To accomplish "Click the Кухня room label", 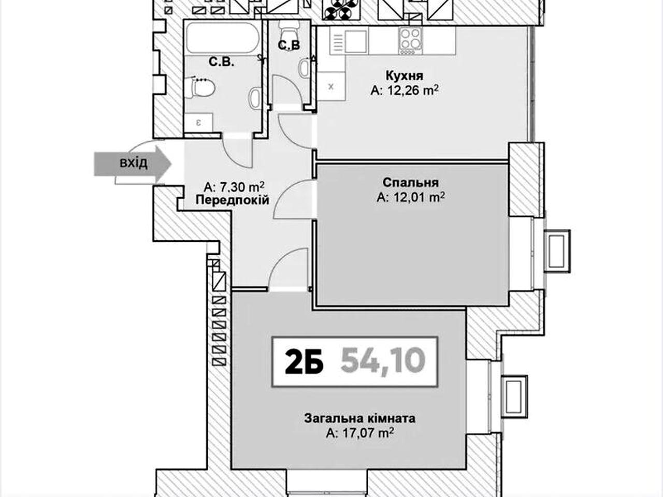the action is click(x=404, y=76).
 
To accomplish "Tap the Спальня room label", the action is click(x=410, y=183).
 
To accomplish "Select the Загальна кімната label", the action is click(x=359, y=418).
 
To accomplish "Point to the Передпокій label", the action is click(x=232, y=200).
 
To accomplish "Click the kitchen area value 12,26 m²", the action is click(x=405, y=90).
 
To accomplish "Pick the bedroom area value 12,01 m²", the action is click(x=411, y=197).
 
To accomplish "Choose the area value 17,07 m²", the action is click(x=360, y=433).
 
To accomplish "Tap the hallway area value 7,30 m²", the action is click(x=234, y=187).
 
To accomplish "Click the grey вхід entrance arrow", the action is click(x=133, y=164).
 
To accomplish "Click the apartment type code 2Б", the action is click(x=304, y=361).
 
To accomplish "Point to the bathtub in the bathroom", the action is click(x=222, y=38).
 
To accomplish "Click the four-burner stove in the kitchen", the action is click(x=410, y=41).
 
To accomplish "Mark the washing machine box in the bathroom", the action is click(x=198, y=123).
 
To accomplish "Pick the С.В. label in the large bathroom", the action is click(x=221, y=63).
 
